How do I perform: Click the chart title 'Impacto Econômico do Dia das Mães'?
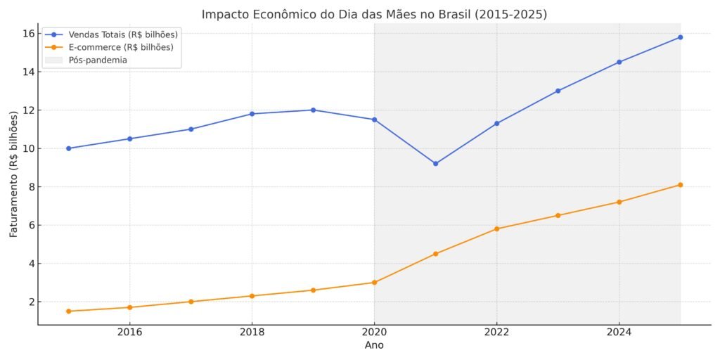coord(374,14)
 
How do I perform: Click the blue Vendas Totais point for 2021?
coord(435,164)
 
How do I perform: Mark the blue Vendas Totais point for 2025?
coord(680,37)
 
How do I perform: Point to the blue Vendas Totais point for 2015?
coord(68,148)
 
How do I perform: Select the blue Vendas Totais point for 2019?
coord(313,110)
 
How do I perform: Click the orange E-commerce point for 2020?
coord(374,283)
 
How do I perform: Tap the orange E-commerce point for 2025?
coord(680,185)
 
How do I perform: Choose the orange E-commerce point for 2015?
coord(68,311)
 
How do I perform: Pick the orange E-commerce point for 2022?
coord(496,229)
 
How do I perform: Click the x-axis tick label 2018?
coord(252,332)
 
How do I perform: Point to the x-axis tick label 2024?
coord(619,332)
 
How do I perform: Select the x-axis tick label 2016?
coord(129,332)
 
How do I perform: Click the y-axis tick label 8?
coord(30,187)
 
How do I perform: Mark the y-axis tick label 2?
coord(30,302)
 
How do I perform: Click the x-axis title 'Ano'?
coord(374,345)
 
